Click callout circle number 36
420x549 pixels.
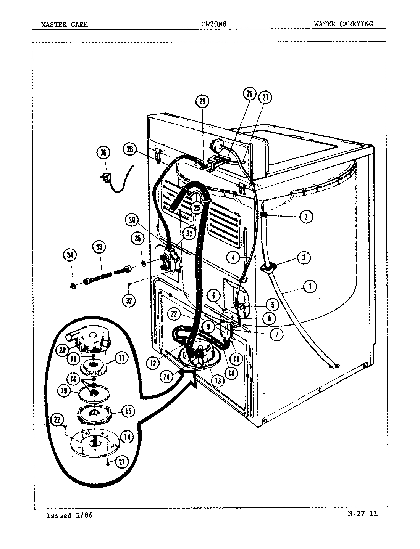tap(103, 153)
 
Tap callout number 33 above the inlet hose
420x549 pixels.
tap(99, 247)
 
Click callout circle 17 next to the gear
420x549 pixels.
tap(121, 358)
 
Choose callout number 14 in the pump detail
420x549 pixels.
tap(126, 437)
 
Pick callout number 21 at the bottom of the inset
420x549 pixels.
tap(121, 462)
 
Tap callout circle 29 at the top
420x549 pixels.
tap(202, 101)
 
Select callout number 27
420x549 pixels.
tap(265, 97)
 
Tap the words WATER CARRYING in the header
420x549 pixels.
tap(343, 24)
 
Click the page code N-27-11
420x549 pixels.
tap(363, 514)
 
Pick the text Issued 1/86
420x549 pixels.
tap(69, 515)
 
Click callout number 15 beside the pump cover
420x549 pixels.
tap(128, 411)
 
